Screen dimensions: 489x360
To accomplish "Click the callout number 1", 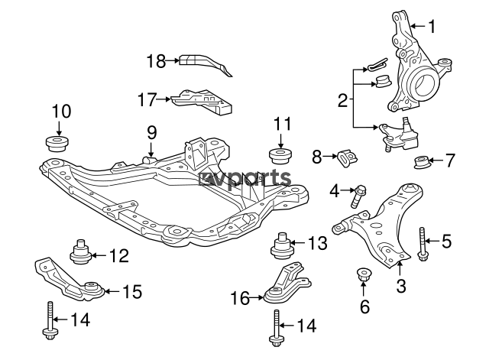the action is point(432,27).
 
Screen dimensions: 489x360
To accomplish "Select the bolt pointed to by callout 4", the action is point(358,196).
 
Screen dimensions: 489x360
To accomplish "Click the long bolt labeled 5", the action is point(422,244).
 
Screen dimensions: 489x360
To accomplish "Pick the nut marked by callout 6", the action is point(363,274).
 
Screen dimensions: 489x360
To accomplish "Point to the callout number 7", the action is point(449,161).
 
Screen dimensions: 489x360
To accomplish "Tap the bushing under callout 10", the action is point(58,144).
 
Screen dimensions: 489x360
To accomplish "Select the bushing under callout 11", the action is point(280,156).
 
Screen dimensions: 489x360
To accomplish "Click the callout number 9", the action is point(151,132).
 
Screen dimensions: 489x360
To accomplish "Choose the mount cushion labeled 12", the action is point(80,251).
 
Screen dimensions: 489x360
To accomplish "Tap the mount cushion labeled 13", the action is point(282,246).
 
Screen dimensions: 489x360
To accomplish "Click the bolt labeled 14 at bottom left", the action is point(49,321).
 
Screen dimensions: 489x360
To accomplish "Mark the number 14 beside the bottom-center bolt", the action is point(306,326).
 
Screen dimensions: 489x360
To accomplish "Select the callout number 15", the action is point(132,292).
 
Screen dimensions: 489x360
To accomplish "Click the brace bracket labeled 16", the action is point(287,283).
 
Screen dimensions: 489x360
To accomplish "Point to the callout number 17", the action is point(147,99).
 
